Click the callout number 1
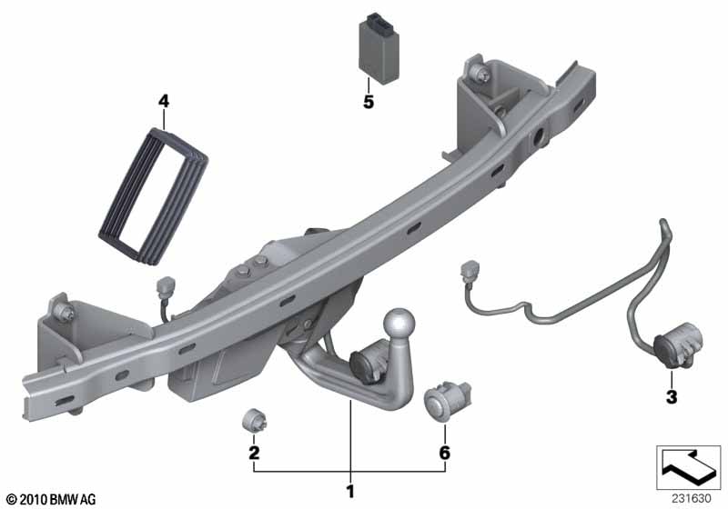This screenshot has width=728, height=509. (x=350, y=492)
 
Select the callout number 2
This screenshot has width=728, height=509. (x=254, y=453)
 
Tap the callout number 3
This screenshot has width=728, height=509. (x=672, y=397)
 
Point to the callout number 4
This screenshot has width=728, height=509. (x=164, y=101)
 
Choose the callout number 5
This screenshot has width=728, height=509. (x=369, y=102)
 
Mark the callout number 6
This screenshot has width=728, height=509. (x=445, y=453)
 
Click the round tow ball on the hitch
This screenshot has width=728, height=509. (x=399, y=323)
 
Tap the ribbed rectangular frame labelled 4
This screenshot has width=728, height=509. (x=154, y=197)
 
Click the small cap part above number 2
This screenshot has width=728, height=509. (x=255, y=420)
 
